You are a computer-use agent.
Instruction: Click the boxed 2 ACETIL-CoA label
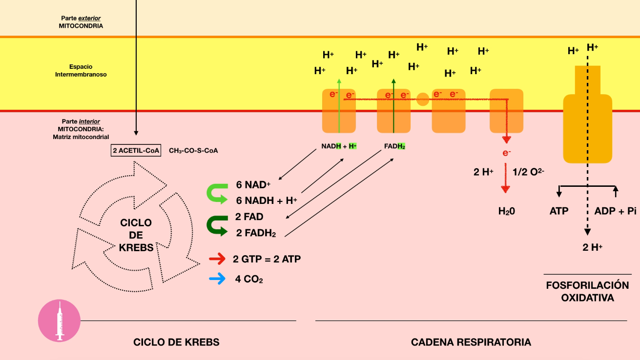136,151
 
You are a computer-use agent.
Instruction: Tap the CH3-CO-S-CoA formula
193,151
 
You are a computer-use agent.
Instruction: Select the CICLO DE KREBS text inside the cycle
136,235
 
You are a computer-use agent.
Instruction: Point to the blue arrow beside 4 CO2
217,279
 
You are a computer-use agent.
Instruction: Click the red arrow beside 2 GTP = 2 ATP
217,259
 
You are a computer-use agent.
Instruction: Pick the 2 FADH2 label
256,233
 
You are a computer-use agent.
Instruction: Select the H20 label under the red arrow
507,211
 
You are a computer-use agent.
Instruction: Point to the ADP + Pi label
615,211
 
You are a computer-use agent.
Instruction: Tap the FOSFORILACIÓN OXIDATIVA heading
587,291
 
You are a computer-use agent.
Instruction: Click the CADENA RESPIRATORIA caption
471,342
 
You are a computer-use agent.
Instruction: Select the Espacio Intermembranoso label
81,71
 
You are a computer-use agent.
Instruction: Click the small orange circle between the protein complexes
423,100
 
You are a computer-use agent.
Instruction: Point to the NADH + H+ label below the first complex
339,146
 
